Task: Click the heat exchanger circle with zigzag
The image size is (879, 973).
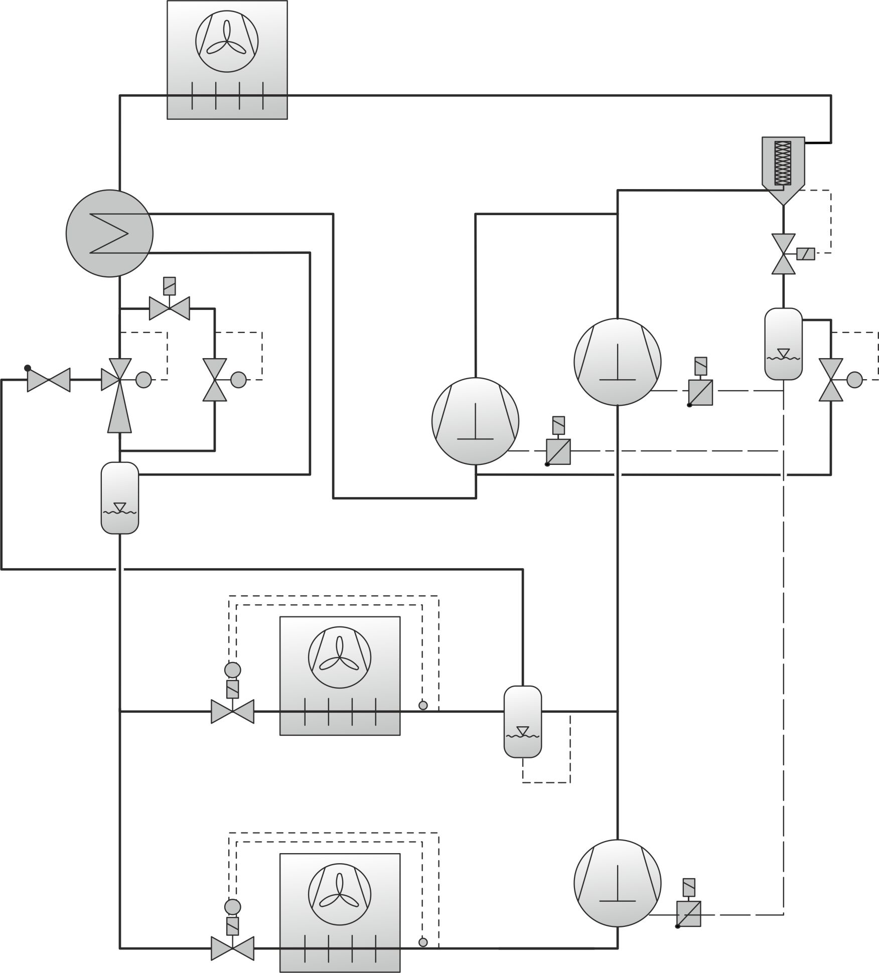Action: pyautogui.click(x=109, y=233)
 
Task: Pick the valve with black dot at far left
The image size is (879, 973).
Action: pyautogui.click(x=49, y=380)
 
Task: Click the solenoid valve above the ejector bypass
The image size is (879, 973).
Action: pyautogui.click(x=170, y=308)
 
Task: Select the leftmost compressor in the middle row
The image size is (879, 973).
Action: pyautogui.click(x=475, y=421)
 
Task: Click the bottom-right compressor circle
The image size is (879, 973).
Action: pyautogui.click(x=617, y=883)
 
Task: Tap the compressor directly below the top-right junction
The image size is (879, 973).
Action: pyautogui.click(x=617, y=361)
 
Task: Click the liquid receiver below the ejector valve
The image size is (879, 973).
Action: pyautogui.click(x=120, y=498)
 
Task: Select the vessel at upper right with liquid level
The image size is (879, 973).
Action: pyautogui.click(x=783, y=344)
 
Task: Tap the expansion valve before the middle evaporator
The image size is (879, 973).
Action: pyautogui.click(x=232, y=711)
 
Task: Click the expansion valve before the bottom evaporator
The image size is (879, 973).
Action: pyautogui.click(x=232, y=948)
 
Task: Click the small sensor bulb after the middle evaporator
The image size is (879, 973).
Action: pyautogui.click(x=423, y=706)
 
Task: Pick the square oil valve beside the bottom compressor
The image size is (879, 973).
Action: pyautogui.click(x=688, y=914)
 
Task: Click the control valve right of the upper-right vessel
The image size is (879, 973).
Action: pyautogui.click(x=831, y=380)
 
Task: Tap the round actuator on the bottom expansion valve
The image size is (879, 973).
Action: pyautogui.click(x=232, y=906)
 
